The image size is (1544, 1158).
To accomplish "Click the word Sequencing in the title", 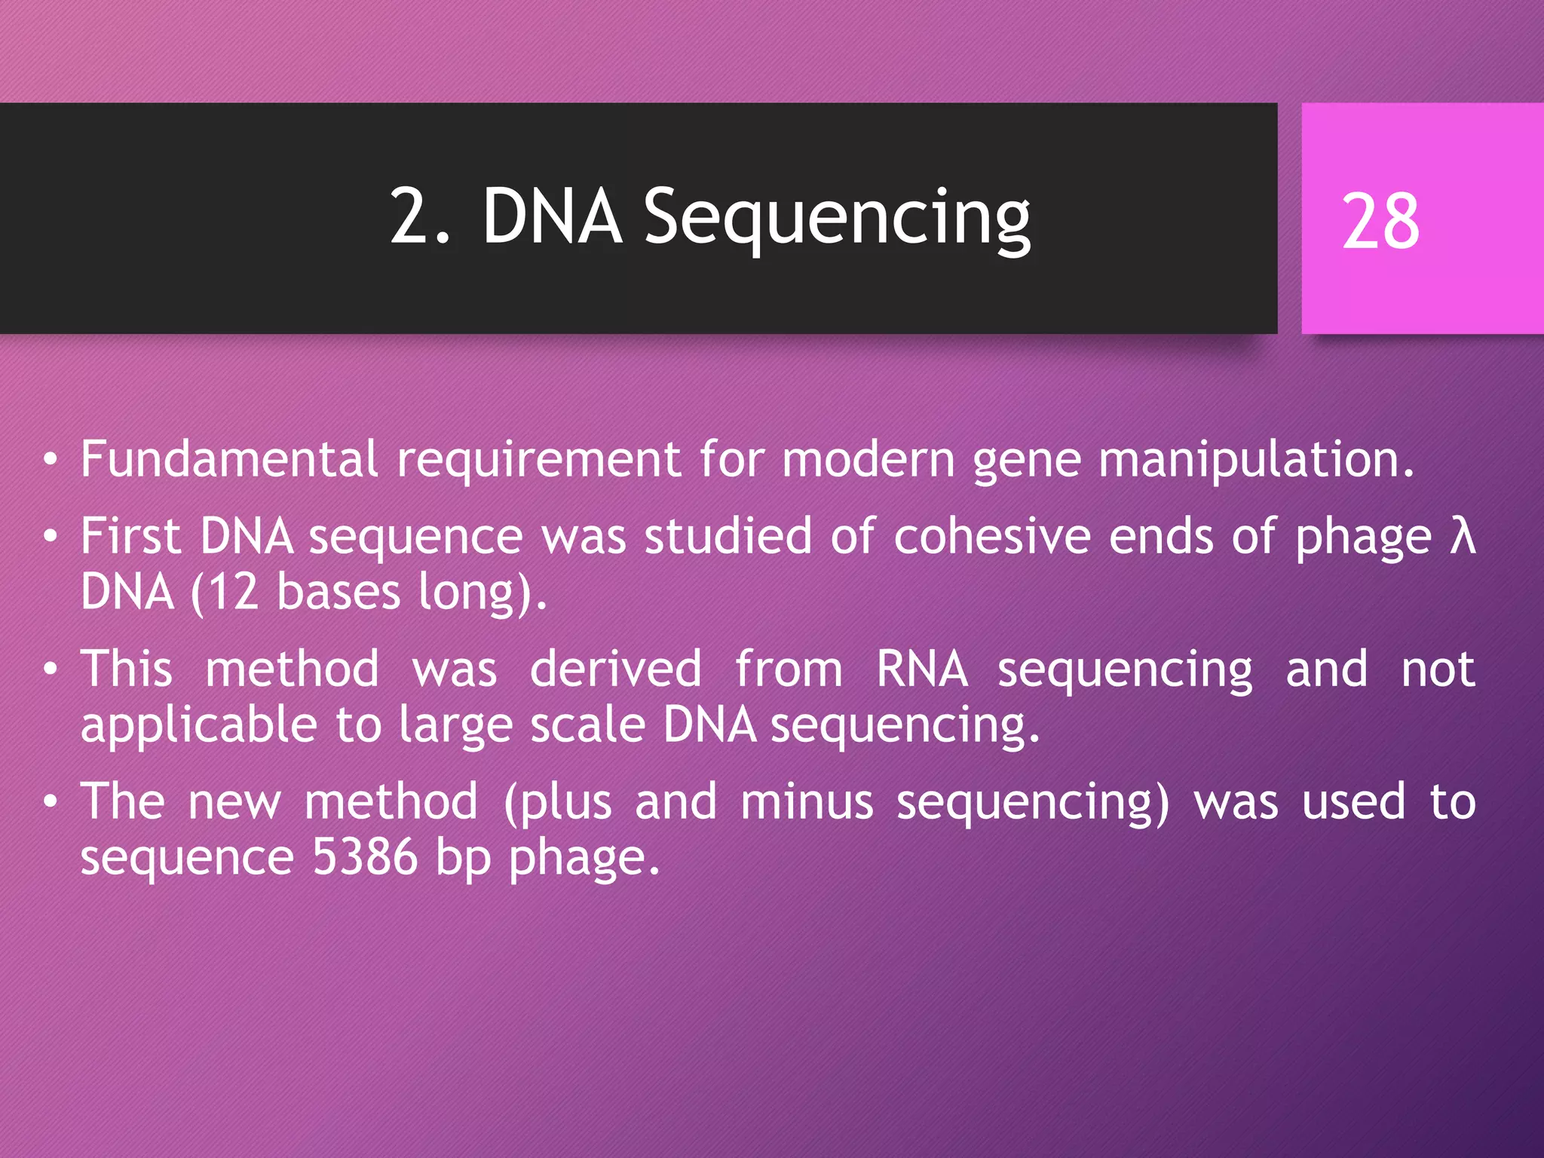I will coord(837,219).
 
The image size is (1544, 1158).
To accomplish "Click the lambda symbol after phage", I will coord(1463,537).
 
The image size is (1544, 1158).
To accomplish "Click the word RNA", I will coord(921,669).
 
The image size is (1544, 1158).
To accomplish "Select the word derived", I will coord(616,669).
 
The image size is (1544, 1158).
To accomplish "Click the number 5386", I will coord(365,857).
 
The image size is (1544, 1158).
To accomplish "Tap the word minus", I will coord(807,802).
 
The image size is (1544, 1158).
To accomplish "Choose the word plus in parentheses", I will coord(565,802).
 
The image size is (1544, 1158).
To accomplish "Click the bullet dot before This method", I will coord(51,669).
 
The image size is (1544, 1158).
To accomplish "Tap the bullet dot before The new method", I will coord(51,802).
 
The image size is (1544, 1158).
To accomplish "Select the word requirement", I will coord(538,460).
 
